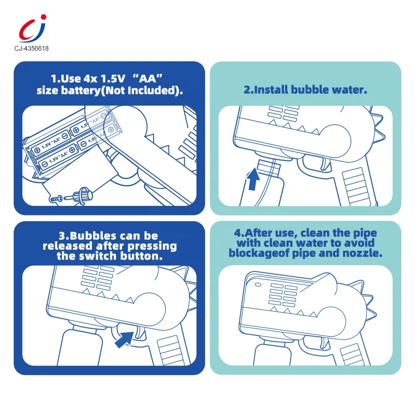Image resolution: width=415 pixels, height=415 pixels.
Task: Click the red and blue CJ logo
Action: point(32,29)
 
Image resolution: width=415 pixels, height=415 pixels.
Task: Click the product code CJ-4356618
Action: point(32,49)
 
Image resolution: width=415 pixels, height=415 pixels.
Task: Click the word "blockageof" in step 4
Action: point(259,253)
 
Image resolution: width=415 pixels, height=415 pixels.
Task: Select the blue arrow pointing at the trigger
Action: point(125,339)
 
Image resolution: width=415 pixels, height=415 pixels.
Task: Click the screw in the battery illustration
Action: point(55,198)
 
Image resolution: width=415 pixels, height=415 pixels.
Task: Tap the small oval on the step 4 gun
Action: point(258,285)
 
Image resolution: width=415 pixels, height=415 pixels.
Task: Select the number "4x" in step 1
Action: point(90,78)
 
